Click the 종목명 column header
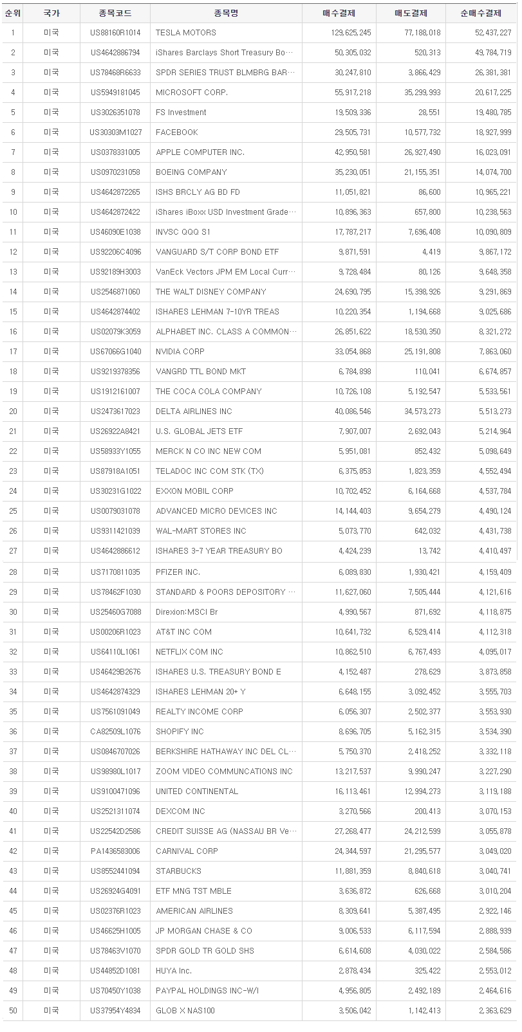(225, 13)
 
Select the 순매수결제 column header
(481, 13)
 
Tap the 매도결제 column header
(410, 13)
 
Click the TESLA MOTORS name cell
(186, 33)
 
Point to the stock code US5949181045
(115, 93)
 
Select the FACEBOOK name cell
(177, 132)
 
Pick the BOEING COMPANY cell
(191, 172)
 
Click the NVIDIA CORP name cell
(180, 352)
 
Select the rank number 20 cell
(13, 412)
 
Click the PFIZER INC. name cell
(178, 572)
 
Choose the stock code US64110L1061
(115, 652)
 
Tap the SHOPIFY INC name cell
(180, 732)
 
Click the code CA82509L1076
(115, 732)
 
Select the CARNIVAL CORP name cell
(187, 851)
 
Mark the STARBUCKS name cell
(178, 871)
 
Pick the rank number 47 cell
(13, 951)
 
